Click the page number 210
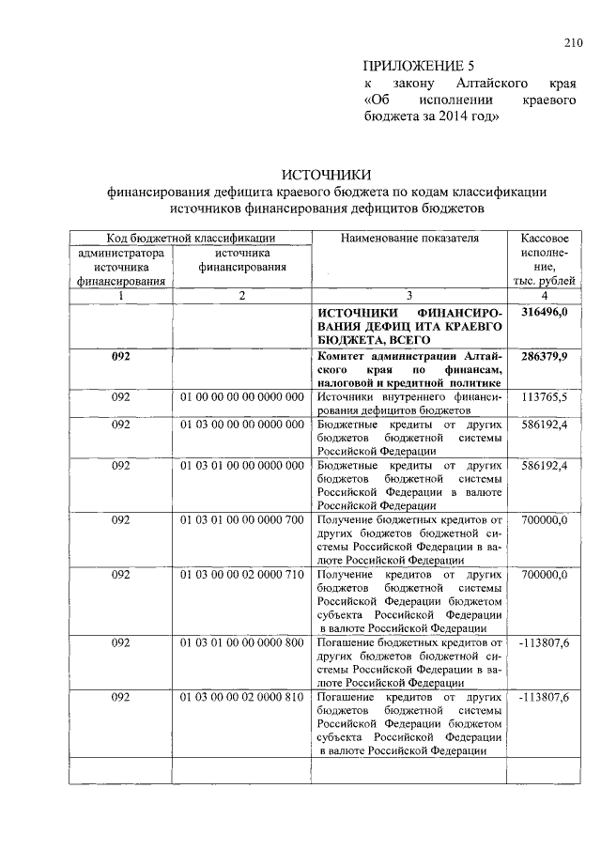point(573,41)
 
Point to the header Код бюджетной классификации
point(190,239)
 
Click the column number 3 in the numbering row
point(408,296)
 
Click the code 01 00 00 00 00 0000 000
point(241,397)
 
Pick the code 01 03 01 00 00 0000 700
point(241,519)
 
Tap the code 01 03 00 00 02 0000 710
point(241,573)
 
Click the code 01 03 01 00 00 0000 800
point(241,642)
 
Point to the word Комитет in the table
point(344,357)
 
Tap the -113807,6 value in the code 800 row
point(543,642)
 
